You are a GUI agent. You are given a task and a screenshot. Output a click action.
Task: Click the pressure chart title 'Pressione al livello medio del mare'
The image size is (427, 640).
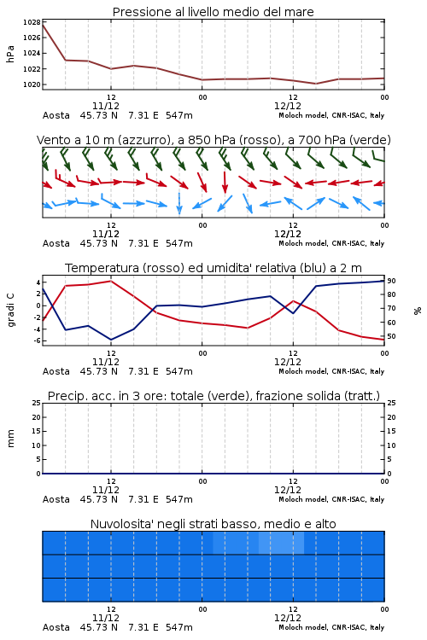(213, 12)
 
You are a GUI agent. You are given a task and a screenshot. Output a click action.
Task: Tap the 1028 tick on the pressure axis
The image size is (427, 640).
(32, 22)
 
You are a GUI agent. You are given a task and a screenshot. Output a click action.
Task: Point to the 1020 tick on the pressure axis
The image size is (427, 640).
(32, 84)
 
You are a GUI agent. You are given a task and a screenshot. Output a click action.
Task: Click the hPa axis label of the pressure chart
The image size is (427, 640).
(10, 54)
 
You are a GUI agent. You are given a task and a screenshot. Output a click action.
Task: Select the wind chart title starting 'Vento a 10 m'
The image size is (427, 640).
(213, 140)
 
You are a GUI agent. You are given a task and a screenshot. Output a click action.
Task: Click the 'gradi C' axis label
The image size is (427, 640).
(10, 310)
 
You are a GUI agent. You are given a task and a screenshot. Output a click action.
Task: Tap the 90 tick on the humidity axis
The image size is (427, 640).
(391, 281)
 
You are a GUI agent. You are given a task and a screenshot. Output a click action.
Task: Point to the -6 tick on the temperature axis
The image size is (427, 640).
(37, 340)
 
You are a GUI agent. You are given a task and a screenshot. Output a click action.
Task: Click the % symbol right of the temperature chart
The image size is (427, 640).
(418, 311)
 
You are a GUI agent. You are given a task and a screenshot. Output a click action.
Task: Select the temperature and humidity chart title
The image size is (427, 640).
(213, 268)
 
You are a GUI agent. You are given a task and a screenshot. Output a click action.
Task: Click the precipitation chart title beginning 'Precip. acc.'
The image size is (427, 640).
(213, 396)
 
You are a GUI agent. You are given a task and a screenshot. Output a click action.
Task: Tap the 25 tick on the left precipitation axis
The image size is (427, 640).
(37, 403)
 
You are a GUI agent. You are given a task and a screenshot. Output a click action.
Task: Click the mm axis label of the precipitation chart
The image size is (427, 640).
(10, 439)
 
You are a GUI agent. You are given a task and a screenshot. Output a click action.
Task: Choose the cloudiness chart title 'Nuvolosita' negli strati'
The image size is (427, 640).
(213, 524)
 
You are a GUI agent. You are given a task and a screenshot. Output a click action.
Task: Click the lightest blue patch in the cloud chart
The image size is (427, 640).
(281, 543)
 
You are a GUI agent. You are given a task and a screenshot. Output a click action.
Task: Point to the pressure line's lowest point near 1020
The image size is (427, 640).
(315, 84)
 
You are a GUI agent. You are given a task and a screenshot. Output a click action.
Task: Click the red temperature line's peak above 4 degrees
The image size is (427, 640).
(111, 281)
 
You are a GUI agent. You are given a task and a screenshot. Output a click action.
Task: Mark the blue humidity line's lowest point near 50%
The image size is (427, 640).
(111, 340)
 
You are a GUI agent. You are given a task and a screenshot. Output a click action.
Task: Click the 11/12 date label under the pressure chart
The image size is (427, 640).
(106, 106)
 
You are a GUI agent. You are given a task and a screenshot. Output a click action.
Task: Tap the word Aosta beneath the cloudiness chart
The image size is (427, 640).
(56, 627)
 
